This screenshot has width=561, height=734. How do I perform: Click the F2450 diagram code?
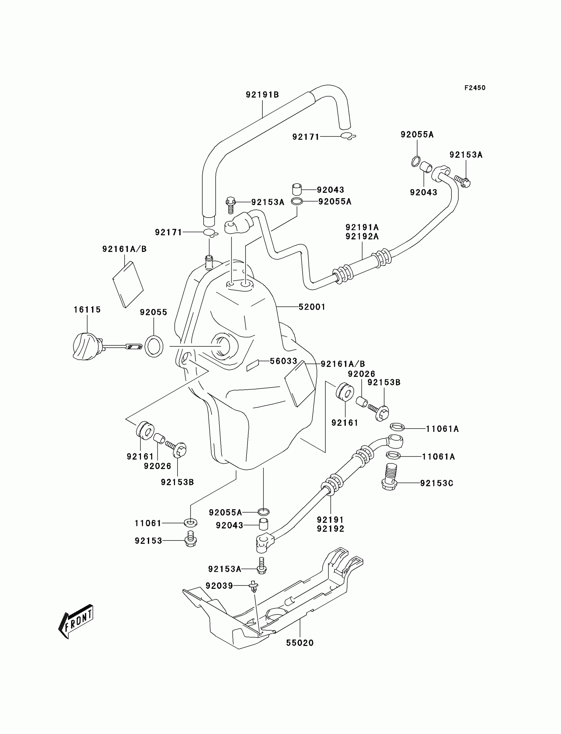click(x=475, y=88)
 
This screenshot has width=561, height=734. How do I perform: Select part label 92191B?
click(x=262, y=95)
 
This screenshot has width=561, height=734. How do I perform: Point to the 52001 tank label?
click(x=312, y=307)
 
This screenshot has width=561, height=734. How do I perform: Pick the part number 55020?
click(x=300, y=643)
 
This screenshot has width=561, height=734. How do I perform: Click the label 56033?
click(x=283, y=361)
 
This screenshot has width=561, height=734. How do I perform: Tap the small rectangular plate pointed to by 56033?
click(x=253, y=366)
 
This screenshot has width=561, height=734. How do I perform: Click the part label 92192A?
click(x=362, y=236)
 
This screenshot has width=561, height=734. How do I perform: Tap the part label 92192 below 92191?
click(x=330, y=529)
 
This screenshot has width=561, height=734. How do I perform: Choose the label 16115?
click(x=87, y=310)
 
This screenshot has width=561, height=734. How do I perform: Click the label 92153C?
click(x=437, y=483)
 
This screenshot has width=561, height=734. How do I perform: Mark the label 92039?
click(x=219, y=586)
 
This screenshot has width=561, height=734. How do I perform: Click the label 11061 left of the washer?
click(x=148, y=523)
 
